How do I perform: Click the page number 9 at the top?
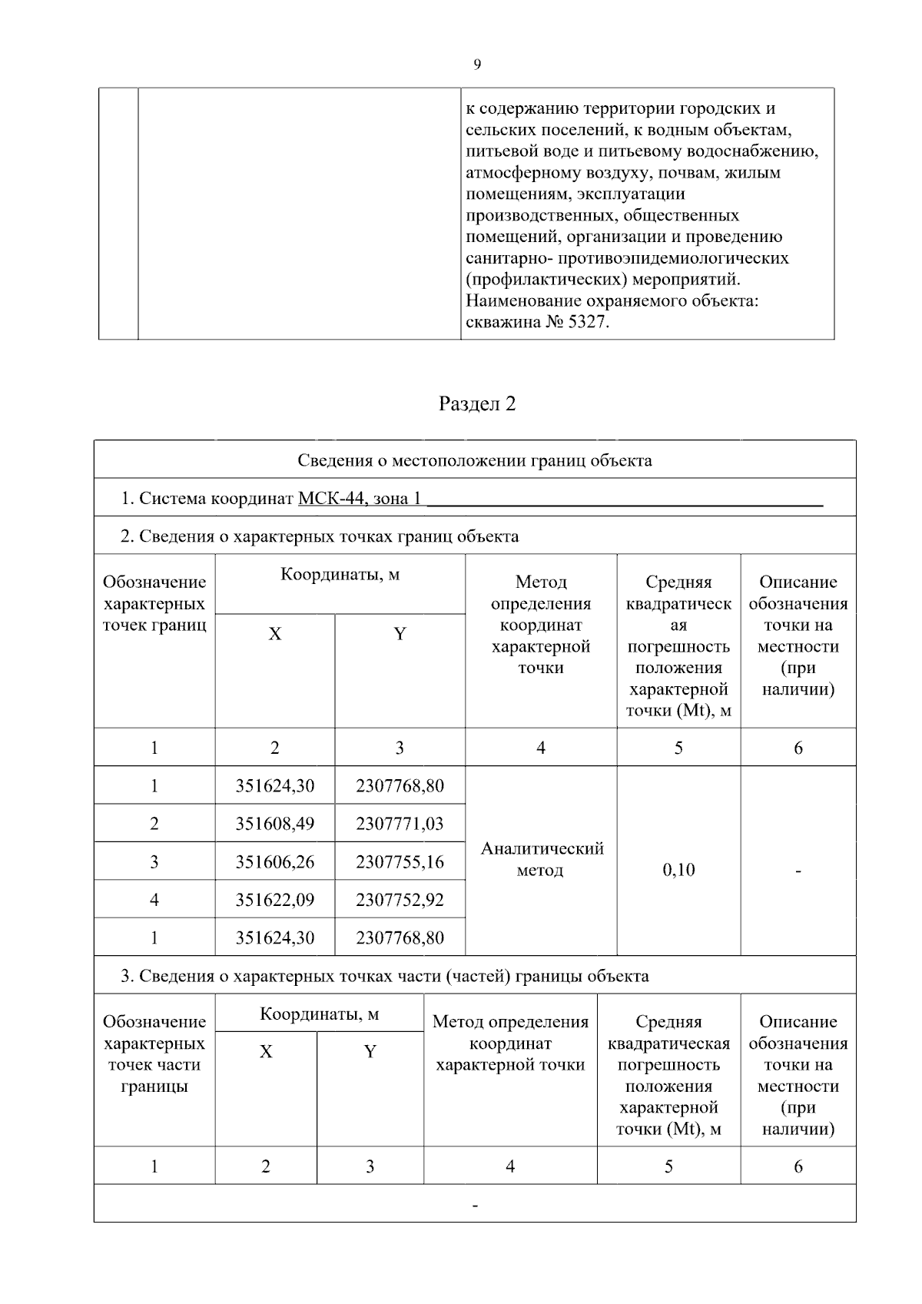point(477,65)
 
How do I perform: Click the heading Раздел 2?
point(476,404)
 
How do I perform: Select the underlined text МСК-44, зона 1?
point(359,499)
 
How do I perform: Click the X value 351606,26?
point(274,861)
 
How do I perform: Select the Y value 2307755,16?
point(400,861)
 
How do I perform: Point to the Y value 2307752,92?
point(400,899)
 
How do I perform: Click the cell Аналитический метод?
point(541,859)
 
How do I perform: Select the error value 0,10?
point(678,870)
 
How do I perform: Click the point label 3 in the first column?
point(154,861)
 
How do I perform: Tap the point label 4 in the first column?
point(154,899)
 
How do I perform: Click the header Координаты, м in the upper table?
point(340,575)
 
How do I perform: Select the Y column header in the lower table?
point(370,1051)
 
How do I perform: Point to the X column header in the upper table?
point(274,634)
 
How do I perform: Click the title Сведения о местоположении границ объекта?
point(475,460)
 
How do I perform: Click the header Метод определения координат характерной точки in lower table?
point(510,1043)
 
